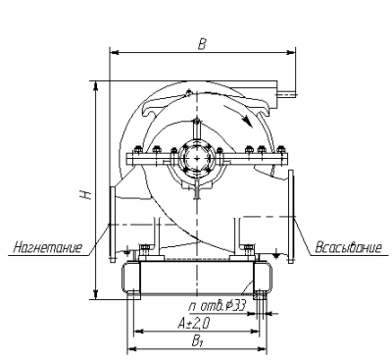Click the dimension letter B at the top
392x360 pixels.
[x=202, y=44]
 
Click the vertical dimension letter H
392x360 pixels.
[x=86, y=194]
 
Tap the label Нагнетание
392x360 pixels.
[x=48, y=247]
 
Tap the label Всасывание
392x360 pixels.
[x=348, y=247]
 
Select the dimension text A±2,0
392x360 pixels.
[x=194, y=324]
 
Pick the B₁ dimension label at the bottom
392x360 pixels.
[x=196, y=342]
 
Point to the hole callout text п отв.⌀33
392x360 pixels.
[x=217, y=306]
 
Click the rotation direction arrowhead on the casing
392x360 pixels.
[x=248, y=122]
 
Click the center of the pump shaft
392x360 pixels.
[x=197, y=158]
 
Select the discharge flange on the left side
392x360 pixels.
[x=113, y=225]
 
